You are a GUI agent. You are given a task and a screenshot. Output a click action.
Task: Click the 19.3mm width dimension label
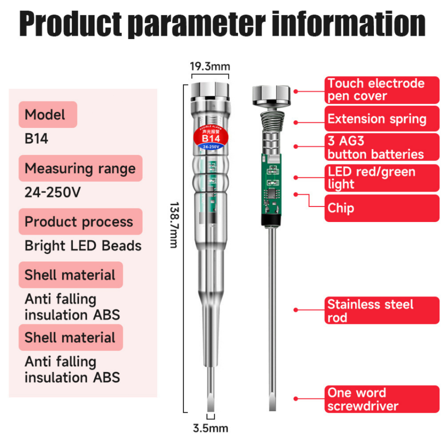click(x=210, y=67)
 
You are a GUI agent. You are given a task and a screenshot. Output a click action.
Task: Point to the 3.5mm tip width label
click(x=210, y=428)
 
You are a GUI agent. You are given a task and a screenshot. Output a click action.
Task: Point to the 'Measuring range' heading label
click(x=80, y=168)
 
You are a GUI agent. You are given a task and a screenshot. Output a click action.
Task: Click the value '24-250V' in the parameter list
click(x=52, y=192)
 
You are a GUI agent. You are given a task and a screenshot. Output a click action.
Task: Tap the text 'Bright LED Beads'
click(x=83, y=246)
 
